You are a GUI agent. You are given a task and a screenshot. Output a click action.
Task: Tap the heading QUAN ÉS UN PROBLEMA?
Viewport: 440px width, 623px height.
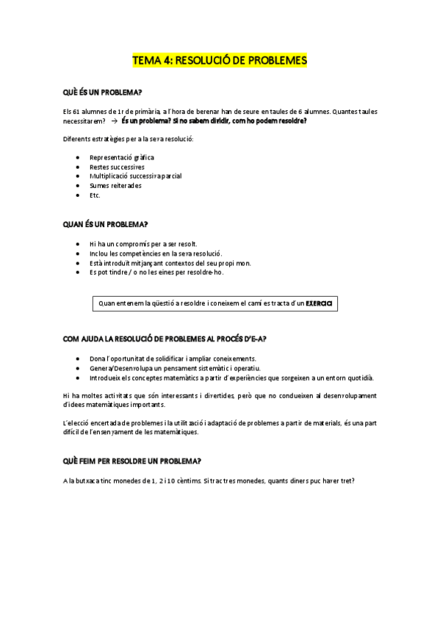point(106,224)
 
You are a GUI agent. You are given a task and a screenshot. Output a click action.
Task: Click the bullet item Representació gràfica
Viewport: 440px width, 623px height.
point(122,157)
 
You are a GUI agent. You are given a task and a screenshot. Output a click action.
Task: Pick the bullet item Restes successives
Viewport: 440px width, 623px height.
point(117,167)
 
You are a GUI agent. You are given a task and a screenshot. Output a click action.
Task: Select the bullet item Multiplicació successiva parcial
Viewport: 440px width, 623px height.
point(135,176)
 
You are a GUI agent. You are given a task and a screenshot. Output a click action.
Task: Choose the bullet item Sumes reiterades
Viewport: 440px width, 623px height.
point(115,186)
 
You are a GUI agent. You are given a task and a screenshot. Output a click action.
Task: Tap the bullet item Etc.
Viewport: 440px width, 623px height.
point(95,195)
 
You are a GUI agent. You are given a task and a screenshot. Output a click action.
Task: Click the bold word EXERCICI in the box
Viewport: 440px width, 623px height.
point(320,303)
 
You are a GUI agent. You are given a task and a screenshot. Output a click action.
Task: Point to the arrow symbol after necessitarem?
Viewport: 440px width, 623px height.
point(113,120)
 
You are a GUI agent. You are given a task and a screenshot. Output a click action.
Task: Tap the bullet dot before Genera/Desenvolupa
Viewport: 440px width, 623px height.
point(79,367)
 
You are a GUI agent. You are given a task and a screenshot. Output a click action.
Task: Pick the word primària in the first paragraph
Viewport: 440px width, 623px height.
point(143,111)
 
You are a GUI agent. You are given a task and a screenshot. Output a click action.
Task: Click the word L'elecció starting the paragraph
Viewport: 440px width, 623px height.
point(79,424)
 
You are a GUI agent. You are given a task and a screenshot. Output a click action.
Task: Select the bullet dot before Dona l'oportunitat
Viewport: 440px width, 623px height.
point(79,358)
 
